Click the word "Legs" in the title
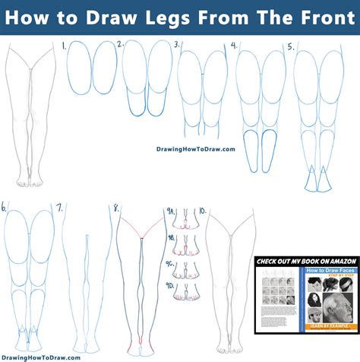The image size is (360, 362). (x=185, y=17)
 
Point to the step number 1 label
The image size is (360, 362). (x=63, y=46)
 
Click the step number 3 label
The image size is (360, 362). (x=177, y=46)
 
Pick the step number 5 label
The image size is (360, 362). (x=290, y=46)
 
